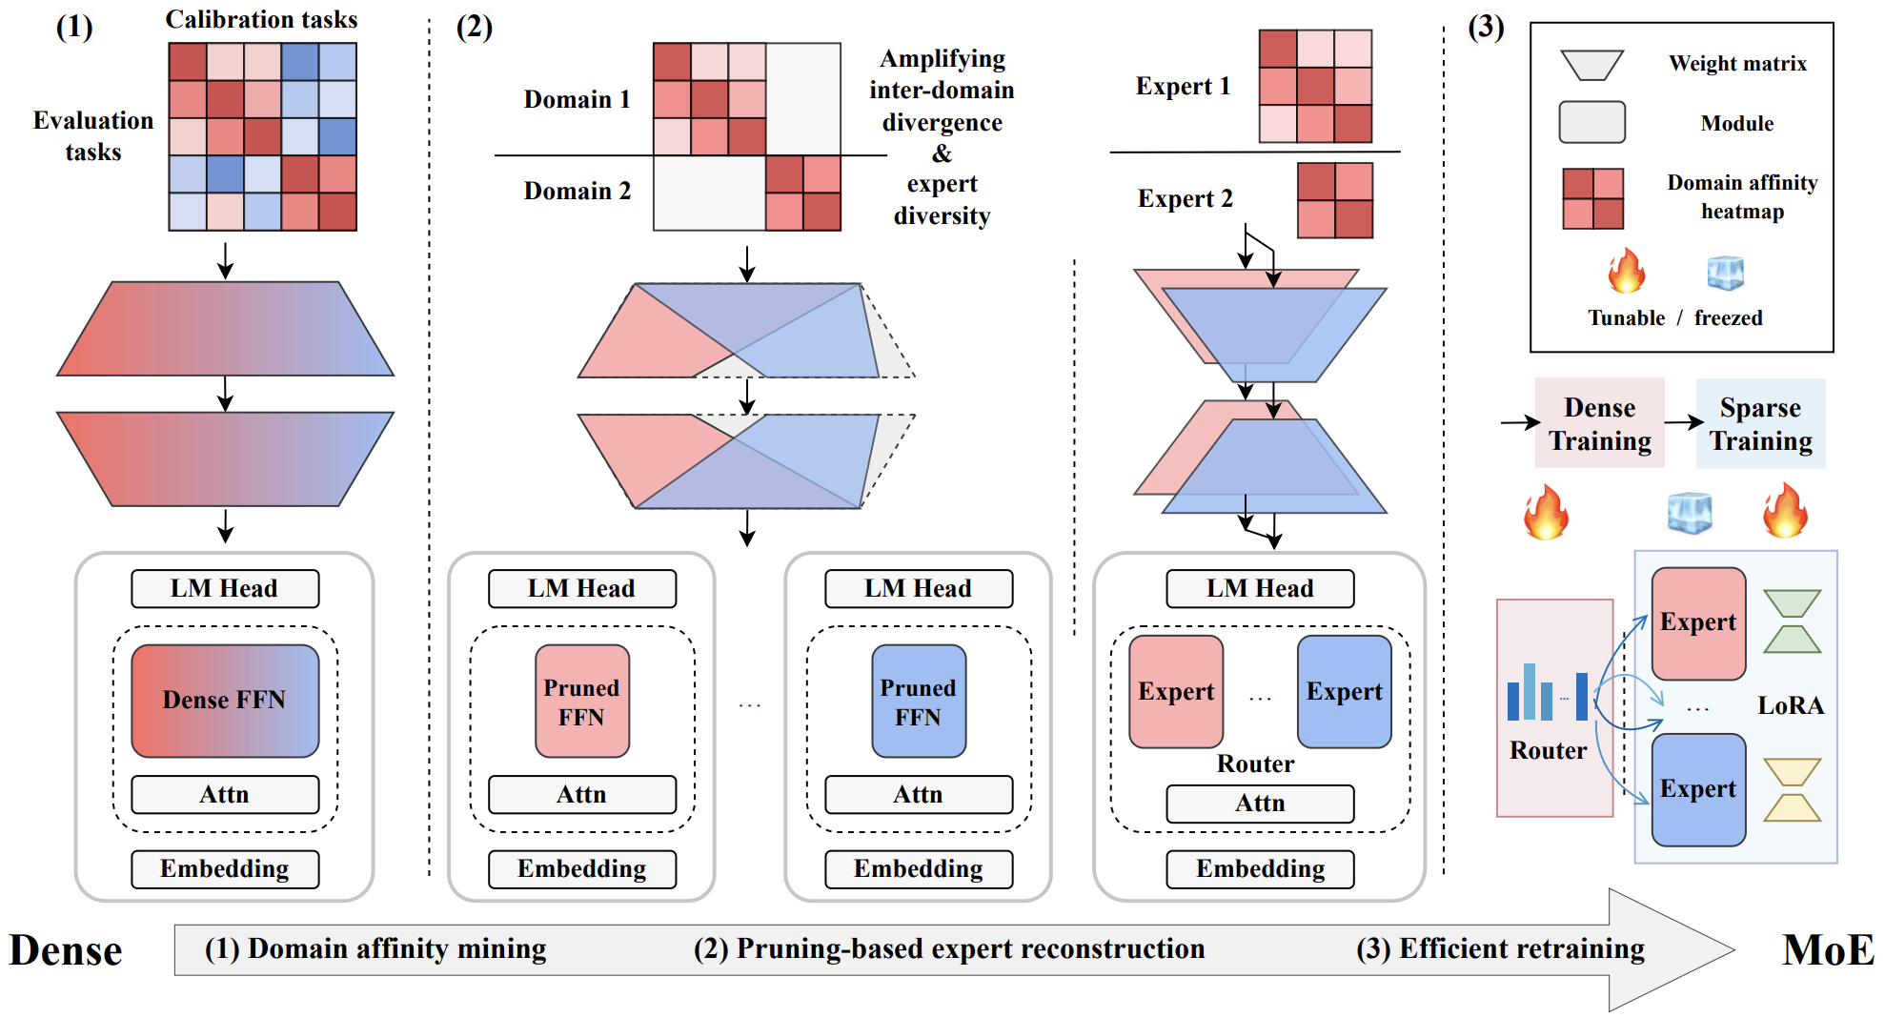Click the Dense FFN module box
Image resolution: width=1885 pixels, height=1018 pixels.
(x=225, y=701)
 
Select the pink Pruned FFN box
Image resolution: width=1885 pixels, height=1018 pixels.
(x=581, y=701)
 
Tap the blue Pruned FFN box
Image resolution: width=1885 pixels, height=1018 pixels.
(x=918, y=701)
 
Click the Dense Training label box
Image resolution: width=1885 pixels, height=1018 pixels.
(x=1599, y=423)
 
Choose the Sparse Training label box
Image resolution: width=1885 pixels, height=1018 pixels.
(x=1760, y=423)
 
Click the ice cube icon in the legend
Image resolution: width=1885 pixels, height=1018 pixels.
(x=1726, y=273)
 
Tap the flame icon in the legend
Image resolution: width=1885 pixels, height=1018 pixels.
(x=1626, y=271)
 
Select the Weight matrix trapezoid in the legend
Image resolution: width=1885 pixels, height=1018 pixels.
(x=1591, y=65)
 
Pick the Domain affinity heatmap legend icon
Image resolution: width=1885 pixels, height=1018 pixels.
(x=1592, y=198)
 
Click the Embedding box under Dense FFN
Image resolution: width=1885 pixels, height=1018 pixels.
(x=225, y=868)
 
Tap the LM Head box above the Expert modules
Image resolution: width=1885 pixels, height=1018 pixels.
(x=1259, y=588)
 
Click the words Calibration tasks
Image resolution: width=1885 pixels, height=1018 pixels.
(x=261, y=19)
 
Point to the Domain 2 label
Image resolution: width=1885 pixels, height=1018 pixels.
(x=577, y=191)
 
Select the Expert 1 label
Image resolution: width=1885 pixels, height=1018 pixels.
(x=1183, y=86)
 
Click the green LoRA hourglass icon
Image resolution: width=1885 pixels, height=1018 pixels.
(x=1792, y=621)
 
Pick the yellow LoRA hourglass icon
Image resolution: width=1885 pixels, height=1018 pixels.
(x=1792, y=789)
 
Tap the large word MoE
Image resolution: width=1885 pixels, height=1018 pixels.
(x=1827, y=950)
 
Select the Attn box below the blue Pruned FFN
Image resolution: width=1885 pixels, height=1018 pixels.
(x=918, y=794)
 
